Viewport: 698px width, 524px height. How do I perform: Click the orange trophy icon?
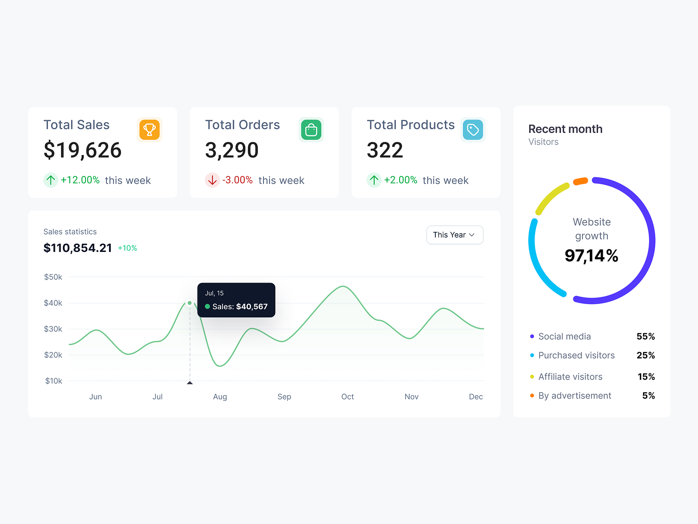(150, 130)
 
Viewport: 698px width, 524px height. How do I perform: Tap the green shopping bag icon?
(311, 130)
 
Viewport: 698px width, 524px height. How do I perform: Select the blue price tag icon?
(473, 130)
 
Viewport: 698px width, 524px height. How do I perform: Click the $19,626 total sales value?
(82, 150)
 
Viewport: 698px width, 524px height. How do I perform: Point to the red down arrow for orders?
(212, 180)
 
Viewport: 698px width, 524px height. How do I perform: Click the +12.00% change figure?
(80, 180)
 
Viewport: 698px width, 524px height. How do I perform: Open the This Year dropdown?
(455, 235)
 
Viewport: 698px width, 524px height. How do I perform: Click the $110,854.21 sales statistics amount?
(78, 248)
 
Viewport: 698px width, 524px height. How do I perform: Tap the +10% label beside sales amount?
(127, 248)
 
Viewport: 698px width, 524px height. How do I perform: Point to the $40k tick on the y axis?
(53, 303)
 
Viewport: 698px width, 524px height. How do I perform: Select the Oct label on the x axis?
(347, 396)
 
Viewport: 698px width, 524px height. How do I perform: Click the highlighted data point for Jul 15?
(190, 303)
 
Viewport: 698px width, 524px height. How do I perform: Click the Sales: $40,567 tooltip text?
(240, 307)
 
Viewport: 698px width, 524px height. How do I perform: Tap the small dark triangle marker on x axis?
(190, 383)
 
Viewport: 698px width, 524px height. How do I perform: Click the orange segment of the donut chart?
(580, 181)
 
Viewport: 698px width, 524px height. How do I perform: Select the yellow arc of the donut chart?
(551, 197)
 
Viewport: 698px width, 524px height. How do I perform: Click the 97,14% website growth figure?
(591, 255)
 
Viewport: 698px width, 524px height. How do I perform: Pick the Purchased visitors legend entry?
(576, 355)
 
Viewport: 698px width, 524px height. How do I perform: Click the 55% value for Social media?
(645, 337)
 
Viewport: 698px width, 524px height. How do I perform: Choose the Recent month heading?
(565, 129)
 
